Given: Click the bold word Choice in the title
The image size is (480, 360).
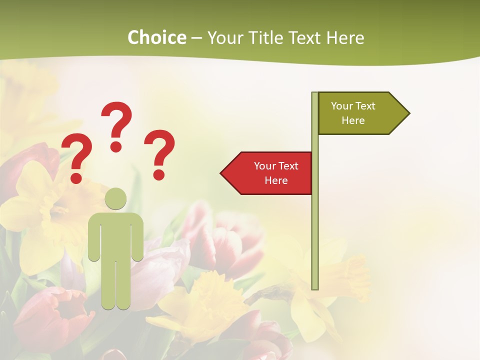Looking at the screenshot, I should click(156, 37).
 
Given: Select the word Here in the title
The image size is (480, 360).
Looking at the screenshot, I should click(345, 37).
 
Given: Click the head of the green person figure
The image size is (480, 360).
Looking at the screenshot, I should click(115, 198).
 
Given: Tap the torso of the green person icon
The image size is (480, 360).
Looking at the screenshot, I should click(115, 235).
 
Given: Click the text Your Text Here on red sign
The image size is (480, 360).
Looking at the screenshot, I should click(276, 173).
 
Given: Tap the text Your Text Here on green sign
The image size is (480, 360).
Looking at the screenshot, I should click(353, 113).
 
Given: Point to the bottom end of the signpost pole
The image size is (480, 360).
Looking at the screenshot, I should click(315, 287).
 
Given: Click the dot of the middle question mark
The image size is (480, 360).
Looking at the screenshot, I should click(116, 146).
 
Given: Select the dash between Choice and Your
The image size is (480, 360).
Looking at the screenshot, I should click(196, 38).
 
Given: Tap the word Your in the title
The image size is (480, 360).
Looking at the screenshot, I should click(224, 37).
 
